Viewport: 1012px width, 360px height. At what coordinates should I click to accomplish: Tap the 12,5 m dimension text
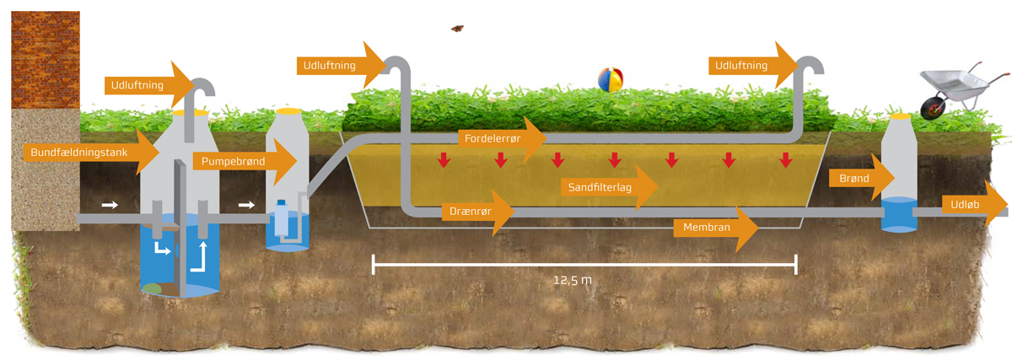(x=573, y=280)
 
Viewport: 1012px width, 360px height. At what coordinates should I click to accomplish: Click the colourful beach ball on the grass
(x=610, y=80)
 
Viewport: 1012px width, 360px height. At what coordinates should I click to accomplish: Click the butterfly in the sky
(x=457, y=28)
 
